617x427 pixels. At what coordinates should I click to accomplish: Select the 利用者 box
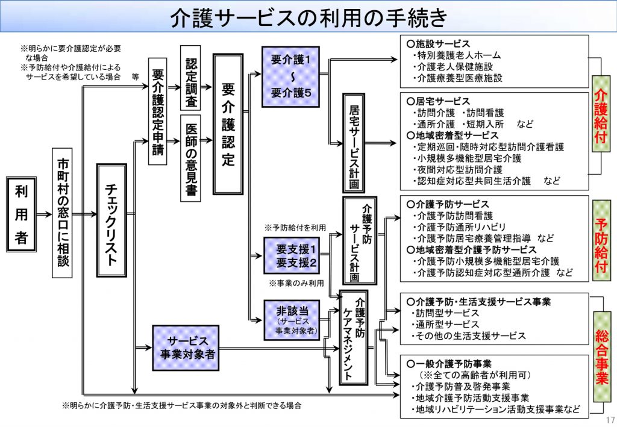[x=22, y=214]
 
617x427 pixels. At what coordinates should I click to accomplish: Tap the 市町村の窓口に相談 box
[x=63, y=214]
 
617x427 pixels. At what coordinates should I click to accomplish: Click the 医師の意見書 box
[x=190, y=158]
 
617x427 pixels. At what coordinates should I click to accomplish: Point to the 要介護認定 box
[x=228, y=124]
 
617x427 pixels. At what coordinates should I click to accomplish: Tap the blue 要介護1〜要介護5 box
[x=291, y=76]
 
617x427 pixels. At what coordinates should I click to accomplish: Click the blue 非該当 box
[x=292, y=319]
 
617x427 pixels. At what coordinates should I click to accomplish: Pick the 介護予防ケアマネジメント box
[x=354, y=337]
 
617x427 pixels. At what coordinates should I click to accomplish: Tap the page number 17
[x=609, y=420]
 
